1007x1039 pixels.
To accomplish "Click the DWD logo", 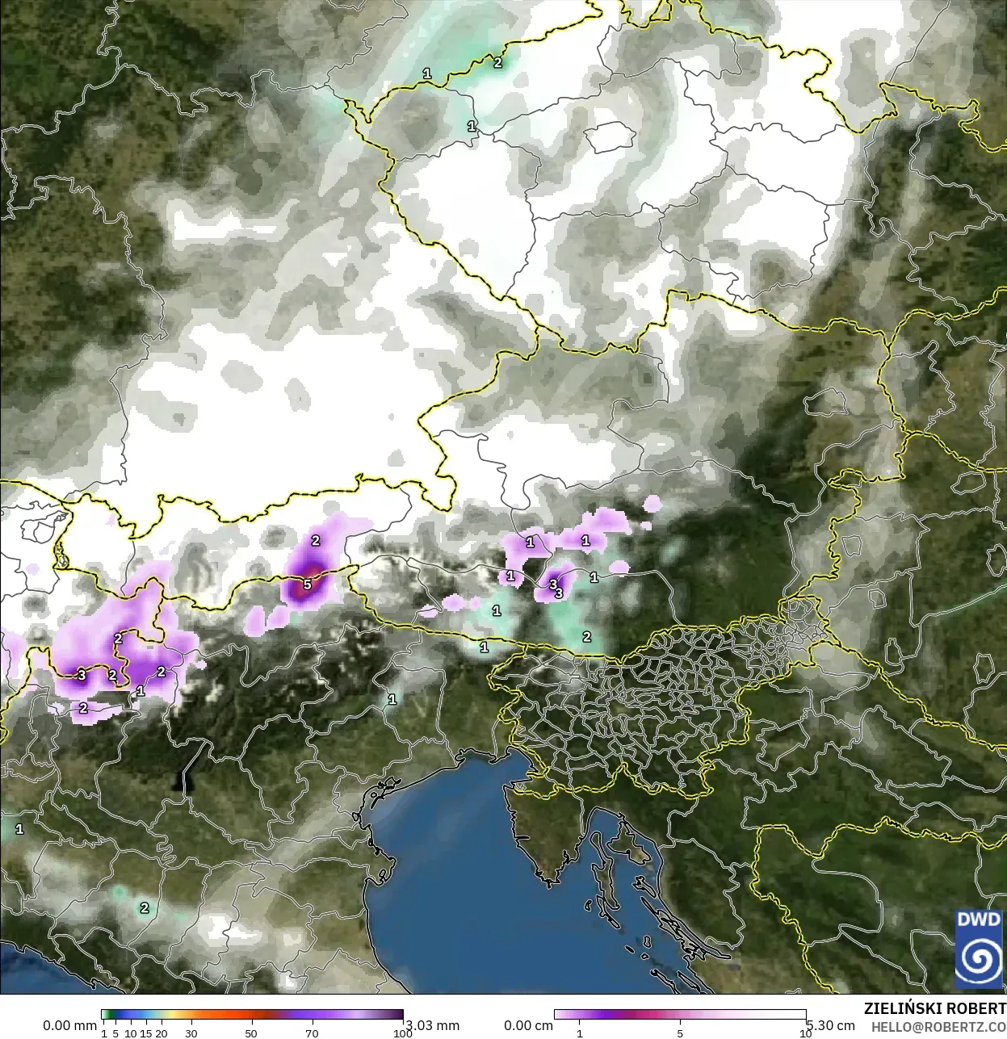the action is coord(979,949).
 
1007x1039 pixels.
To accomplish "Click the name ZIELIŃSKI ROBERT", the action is coord(934,1008).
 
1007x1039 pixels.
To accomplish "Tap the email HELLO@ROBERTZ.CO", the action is coord(938,1026).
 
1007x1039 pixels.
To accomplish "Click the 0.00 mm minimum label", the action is coord(69,1025).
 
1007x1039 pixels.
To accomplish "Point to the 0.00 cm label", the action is coord(528,1025).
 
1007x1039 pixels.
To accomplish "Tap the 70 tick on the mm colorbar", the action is coord(312,1033).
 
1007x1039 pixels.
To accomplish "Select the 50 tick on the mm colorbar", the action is coord(251,1033).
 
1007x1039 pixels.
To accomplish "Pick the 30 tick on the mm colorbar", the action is coord(191,1033).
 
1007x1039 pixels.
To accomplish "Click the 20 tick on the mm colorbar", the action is coord(161,1033).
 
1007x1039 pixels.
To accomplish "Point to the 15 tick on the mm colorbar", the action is coord(145,1033).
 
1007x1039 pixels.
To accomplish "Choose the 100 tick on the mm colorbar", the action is coord(402,1033).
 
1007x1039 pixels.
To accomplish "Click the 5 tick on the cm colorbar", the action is coord(680,1033).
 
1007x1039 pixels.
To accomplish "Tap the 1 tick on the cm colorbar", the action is coord(579,1033).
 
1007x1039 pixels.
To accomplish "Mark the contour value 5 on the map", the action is coord(307,584).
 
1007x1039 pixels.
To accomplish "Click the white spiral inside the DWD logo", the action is coord(979,960).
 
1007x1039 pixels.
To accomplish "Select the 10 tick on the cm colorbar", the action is coord(805,1033).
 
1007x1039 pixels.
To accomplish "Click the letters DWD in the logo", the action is coord(979,920).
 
